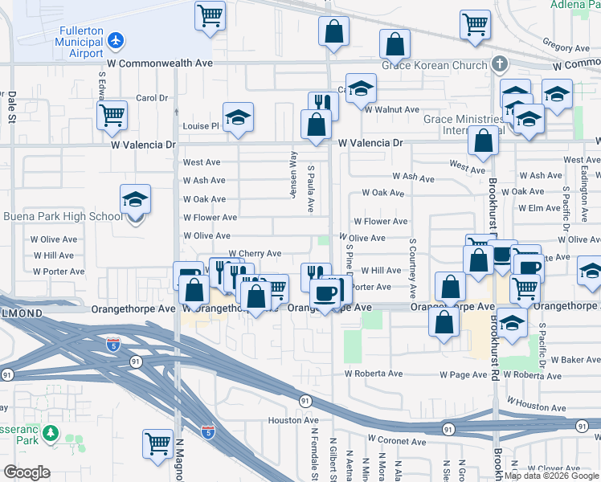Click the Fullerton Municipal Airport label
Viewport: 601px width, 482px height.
[78, 42]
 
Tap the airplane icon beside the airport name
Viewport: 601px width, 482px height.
[117, 39]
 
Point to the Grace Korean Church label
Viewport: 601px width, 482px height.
[435, 64]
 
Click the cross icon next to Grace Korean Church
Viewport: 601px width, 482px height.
[499, 63]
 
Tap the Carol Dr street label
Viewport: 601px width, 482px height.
[151, 99]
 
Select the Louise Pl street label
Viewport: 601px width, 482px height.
[201, 127]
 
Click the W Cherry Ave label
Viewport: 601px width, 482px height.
[256, 254]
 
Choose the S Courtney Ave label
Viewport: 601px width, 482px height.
[413, 268]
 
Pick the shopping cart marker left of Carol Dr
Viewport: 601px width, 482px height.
[112, 115]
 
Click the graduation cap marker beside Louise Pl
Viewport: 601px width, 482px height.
[238, 118]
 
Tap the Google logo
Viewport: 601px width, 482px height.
[27, 472]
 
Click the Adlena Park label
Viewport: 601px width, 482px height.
[574, 5]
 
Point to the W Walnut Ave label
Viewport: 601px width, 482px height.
[394, 110]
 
